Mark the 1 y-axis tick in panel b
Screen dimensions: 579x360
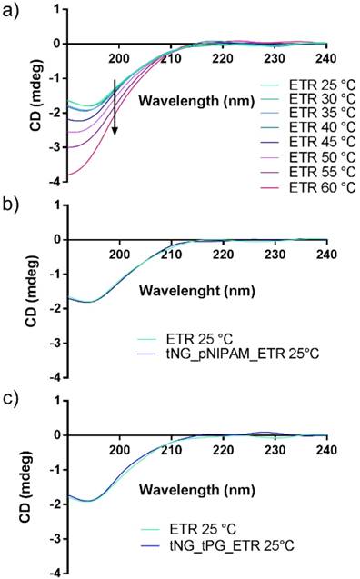click(56, 205)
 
